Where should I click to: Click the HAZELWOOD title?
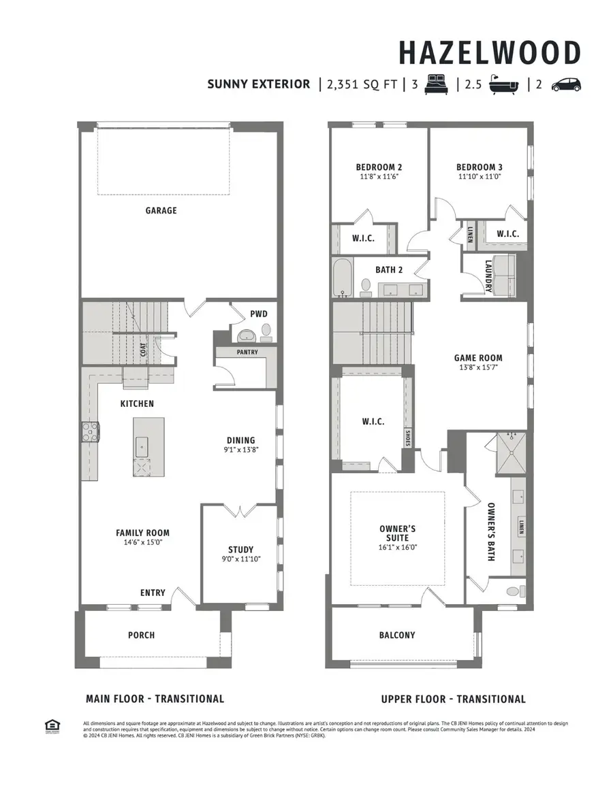[489, 53]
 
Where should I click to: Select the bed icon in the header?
[435, 85]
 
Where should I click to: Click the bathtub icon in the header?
[503, 85]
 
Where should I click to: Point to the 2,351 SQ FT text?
[361, 84]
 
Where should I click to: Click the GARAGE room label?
[161, 211]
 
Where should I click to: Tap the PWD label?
[259, 314]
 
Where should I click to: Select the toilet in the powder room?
[266, 333]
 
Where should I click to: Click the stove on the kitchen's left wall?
[90, 433]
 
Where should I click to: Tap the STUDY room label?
[240, 549]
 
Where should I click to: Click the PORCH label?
[142, 635]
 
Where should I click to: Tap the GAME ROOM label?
[478, 357]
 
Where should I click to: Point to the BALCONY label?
[396, 635]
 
